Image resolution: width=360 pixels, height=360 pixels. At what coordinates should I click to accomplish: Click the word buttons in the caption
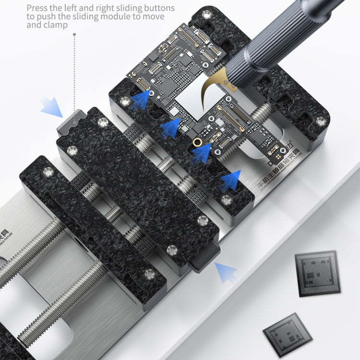pos(158,8)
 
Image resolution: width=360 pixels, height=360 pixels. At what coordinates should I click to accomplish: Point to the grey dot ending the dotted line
pos(74,35)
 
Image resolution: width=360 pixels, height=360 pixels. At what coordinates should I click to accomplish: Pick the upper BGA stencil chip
pos(317,273)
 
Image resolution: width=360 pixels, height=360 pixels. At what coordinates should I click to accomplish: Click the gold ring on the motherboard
pos(196,143)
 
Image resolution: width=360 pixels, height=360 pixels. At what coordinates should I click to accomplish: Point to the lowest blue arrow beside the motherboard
pos(230,181)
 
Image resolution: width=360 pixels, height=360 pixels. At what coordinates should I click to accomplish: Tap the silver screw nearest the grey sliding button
pos(102,122)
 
